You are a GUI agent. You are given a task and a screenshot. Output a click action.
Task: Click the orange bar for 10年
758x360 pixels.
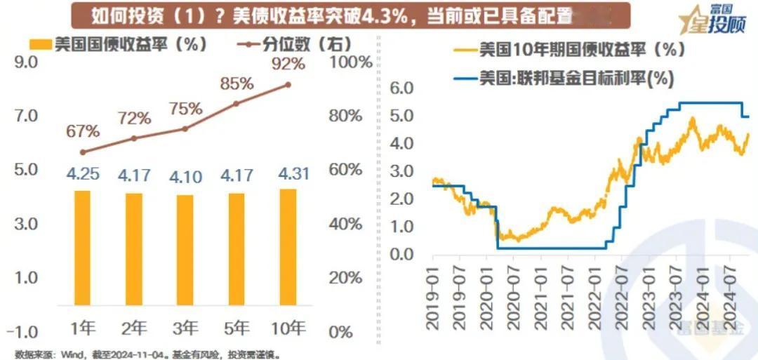pyautogui.click(x=288, y=247)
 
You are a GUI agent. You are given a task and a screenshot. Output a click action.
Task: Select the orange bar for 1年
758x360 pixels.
pyautogui.click(x=83, y=248)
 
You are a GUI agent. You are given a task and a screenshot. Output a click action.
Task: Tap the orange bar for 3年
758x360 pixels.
pyautogui.click(x=185, y=250)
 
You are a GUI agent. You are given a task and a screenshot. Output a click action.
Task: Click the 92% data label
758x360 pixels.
pyautogui.click(x=288, y=64)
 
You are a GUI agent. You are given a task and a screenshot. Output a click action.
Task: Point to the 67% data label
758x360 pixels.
pyautogui.click(x=83, y=131)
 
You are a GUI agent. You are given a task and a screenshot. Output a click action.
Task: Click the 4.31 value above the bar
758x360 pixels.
pyautogui.click(x=288, y=173)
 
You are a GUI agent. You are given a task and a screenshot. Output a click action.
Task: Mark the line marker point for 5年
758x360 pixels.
pyautogui.click(x=237, y=103)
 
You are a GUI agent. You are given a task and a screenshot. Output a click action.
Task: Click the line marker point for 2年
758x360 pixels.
pyautogui.click(x=134, y=138)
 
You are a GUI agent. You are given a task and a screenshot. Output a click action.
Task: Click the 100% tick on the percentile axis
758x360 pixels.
pyautogui.click(x=351, y=62)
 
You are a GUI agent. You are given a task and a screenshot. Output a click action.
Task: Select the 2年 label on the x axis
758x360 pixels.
pyautogui.click(x=134, y=327)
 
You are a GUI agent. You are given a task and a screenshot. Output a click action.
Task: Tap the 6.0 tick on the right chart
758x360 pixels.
pyautogui.click(x=404, y=88)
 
